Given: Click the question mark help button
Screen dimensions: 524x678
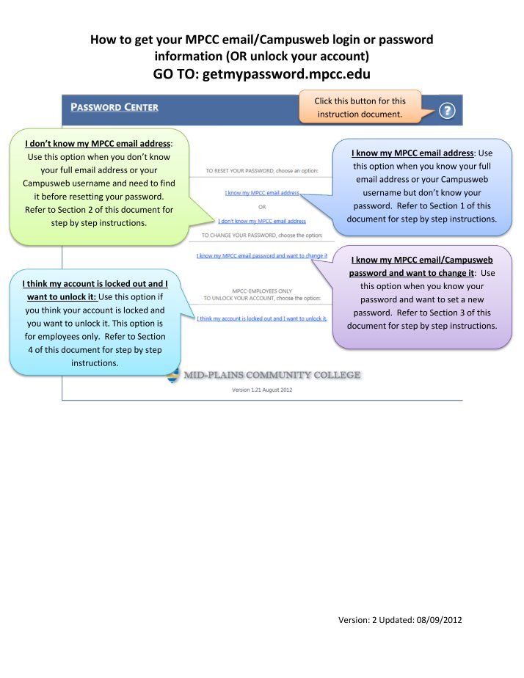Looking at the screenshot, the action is [447, 111].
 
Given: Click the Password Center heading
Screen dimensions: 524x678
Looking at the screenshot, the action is [114, 107].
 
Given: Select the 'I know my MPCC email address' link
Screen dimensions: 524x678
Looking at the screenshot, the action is [262, 193].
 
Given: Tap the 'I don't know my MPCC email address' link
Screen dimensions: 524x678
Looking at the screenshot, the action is [262, 222].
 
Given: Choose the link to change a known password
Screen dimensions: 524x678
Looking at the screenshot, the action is [262, 256].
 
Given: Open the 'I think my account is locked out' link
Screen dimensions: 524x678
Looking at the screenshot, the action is [262, 318].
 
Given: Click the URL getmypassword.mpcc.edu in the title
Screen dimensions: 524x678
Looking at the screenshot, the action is [286, 74].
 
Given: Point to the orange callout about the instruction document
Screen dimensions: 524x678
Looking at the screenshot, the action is [360, 107].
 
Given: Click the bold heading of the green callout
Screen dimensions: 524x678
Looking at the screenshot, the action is [98, 144].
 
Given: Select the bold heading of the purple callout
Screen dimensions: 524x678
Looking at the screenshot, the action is [421, 266].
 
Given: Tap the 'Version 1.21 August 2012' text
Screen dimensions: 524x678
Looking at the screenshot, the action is [262, 390].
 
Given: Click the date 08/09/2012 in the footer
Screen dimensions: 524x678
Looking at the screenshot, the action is [440, 620].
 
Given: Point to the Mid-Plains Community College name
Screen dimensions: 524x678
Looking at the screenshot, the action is [272, 375].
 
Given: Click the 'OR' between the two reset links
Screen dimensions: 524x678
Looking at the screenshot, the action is [262, 207].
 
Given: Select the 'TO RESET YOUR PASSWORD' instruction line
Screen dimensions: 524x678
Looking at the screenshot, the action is [262, 171].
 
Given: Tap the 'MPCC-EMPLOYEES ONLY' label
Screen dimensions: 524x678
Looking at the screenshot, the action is [262, 291].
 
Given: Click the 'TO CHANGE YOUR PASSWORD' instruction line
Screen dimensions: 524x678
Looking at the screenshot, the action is [262, 236].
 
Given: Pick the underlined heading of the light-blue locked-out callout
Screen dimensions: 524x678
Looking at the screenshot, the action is [95, 290].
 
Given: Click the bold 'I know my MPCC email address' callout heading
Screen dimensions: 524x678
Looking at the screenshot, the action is [412, 153].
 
